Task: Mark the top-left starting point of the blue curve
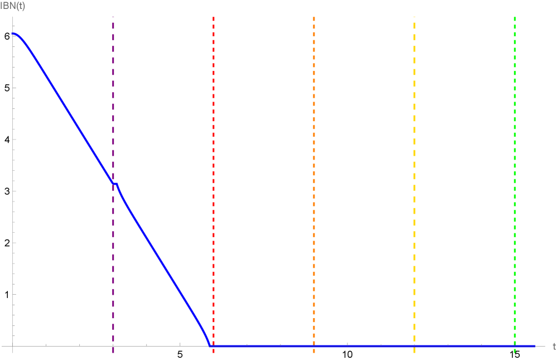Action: pyautogui.click(x=13, y=34)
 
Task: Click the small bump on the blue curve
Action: pyautogui.click(x=115, y=183)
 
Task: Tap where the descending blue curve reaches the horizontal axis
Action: pyautogui.click(x=210, y=346)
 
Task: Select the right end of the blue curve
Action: pyautogui.click(x=534, y=346)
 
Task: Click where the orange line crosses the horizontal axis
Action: pyautogui.click(x=314, y=346)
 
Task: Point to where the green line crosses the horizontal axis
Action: pyautogui.click(x=515, y=346)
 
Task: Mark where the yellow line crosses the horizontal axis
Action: pyautogui.click(x=414, y=346)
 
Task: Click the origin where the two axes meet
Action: pyautogui.click(x=13, y=346)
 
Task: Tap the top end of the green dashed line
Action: pyautogui.click(x=515, y=17)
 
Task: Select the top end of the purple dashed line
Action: pyautogui.click(x=113, y=17)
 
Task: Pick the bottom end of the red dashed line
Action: pyautogui.click(x=214, y=353)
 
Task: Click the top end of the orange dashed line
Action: pyautogui.click(x=314, y=17)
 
